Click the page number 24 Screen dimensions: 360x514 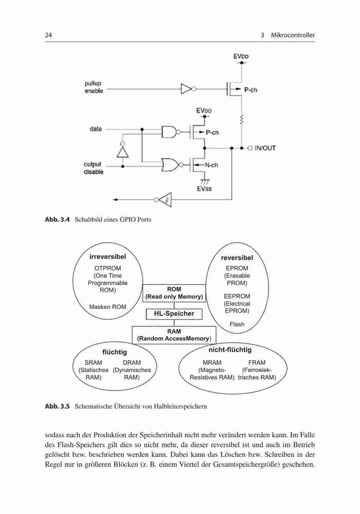tap(48, 35)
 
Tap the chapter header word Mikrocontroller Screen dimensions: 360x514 tap(293, 35)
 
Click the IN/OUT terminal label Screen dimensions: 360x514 tap(265, 148)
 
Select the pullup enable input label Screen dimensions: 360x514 tap(94, 87)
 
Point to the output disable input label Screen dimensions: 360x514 tap(93, 168)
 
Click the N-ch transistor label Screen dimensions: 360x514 tap(211, 165)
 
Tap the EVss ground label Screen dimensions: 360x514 tap(204, 189)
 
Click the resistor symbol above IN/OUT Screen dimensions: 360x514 tap(242, 119)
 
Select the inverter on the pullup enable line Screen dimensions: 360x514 tap(188, 88)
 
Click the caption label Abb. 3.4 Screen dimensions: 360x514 tap(58, 219)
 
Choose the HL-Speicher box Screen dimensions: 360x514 tap(174, 314)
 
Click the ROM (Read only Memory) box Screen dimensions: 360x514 tap(174, 293)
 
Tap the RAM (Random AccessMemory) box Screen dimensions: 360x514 tap(174, 335)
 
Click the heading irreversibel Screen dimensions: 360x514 tap(107, 256)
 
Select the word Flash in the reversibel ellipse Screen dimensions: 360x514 tap(237, 324)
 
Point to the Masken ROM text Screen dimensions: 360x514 tap(107, 307)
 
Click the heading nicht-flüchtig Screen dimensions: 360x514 tap(230, 350)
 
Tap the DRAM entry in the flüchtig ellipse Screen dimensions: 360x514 tap(132, 362)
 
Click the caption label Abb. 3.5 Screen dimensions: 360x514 tap(58, 407)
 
